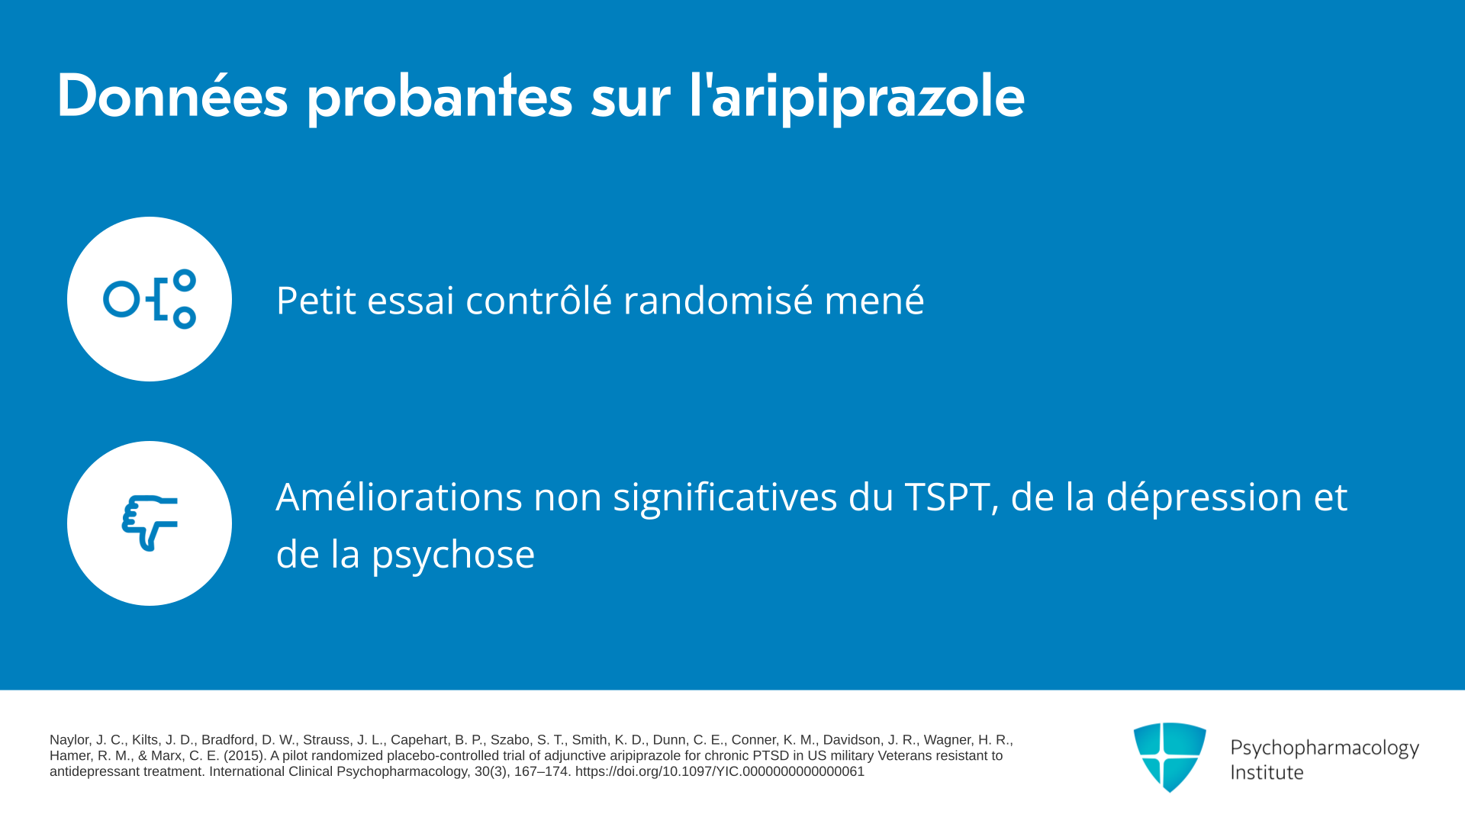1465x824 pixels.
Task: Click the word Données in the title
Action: pyautogui.click(x=172, y=96)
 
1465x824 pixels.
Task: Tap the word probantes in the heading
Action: pyautogui.click(x=439, y=99)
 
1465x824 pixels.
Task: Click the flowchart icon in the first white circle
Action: pyautogui.click(x=150, y=299)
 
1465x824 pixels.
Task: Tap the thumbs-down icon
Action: pyautogui.click(x=150, y=523)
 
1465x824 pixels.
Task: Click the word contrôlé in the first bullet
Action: pyautogui.click(x=539, y=299)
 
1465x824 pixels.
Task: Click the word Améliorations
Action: pyautogui.click(x=398, y=497)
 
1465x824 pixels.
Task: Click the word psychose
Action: pyautogui.click(x=453, y=555)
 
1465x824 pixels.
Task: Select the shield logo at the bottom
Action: pyautogui.click(x=1170, y=757)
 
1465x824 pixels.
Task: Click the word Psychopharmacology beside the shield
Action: pyautogui.click(x=1325, y=748)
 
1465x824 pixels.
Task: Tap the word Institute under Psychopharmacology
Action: pyautogui.click(x=1267, y=773)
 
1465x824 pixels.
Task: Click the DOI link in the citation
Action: pyautogui.click(x=720, y=771)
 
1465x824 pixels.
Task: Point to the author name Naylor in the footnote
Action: pyautogui.click(x=69, y=740)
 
